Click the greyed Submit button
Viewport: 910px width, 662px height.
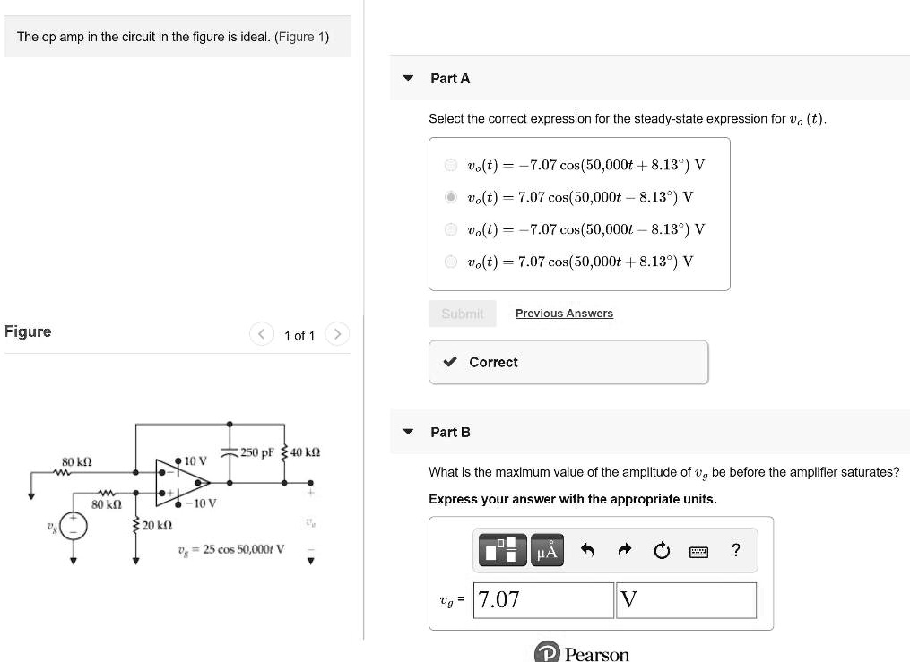(462, 314)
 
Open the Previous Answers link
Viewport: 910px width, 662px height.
(564, 314)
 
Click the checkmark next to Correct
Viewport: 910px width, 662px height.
(452, 363)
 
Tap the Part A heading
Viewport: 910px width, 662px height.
(450, 79)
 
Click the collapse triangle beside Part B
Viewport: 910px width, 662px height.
(409, 432)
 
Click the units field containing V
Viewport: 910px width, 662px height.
(686, 600)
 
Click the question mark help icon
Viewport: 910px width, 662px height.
(735, 551)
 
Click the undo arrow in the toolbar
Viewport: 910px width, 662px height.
(588, 551)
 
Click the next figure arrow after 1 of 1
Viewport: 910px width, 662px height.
(337, 335)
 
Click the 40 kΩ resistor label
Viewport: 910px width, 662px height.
(306, 451)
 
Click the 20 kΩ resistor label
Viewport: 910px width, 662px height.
(158, 525)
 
